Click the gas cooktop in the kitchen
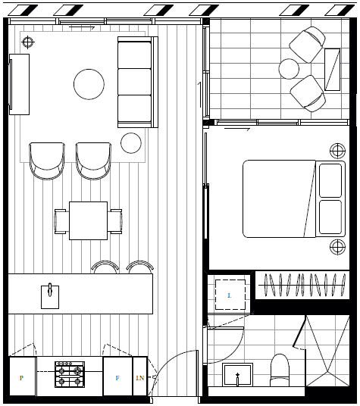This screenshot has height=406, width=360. [x=70, y=374]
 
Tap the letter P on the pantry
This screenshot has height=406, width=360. [x=21, y=378]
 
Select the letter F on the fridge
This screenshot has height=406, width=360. [x=117, y=378]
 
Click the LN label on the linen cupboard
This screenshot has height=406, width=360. [x=140, y=378]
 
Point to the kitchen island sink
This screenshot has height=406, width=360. [x=50, y=297]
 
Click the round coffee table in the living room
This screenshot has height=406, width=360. [x=89, y=84]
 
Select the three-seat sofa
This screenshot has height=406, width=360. [x=137, y=82]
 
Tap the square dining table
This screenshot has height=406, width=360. [x=89, y=220]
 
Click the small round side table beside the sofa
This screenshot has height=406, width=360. [x=131, y=143]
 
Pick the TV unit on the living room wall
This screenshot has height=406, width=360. [x=19, y=84]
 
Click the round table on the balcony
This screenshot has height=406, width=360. [x=289, y=69]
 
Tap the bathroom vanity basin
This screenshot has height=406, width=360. [x=237, y=375]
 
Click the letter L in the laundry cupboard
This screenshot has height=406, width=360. [x=229, y=295]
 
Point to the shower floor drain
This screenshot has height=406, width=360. [x=328, y=372]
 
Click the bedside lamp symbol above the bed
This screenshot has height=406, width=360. [x=337, y=151]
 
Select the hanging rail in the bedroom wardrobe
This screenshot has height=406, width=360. [x=302, y=285]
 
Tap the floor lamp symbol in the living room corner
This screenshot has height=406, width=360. [x=28, y=42]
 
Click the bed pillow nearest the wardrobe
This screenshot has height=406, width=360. [x=330, y=217]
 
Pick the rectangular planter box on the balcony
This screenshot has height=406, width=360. [x=332, y=70]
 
